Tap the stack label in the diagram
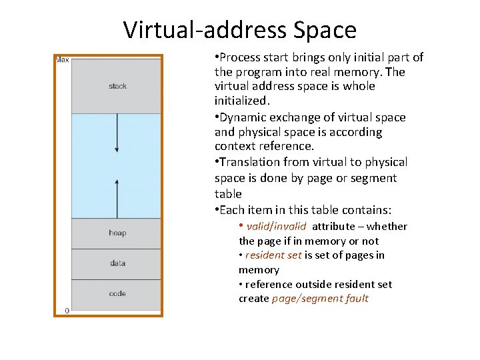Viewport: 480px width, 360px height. coord(117,86)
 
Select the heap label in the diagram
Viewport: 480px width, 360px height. coord(117,233)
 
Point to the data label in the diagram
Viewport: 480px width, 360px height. coord(117,263)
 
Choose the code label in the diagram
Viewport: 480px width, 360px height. coord(117,293)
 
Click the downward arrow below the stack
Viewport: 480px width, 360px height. coord(117,133)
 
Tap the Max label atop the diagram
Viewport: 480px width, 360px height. coord(62,60)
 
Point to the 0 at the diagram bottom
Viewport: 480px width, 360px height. coord(67,311)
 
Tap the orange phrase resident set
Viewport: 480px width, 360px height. coord(273,255)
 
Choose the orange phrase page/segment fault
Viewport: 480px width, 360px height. coord(320,299)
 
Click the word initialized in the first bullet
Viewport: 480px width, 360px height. coord(241,101)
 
